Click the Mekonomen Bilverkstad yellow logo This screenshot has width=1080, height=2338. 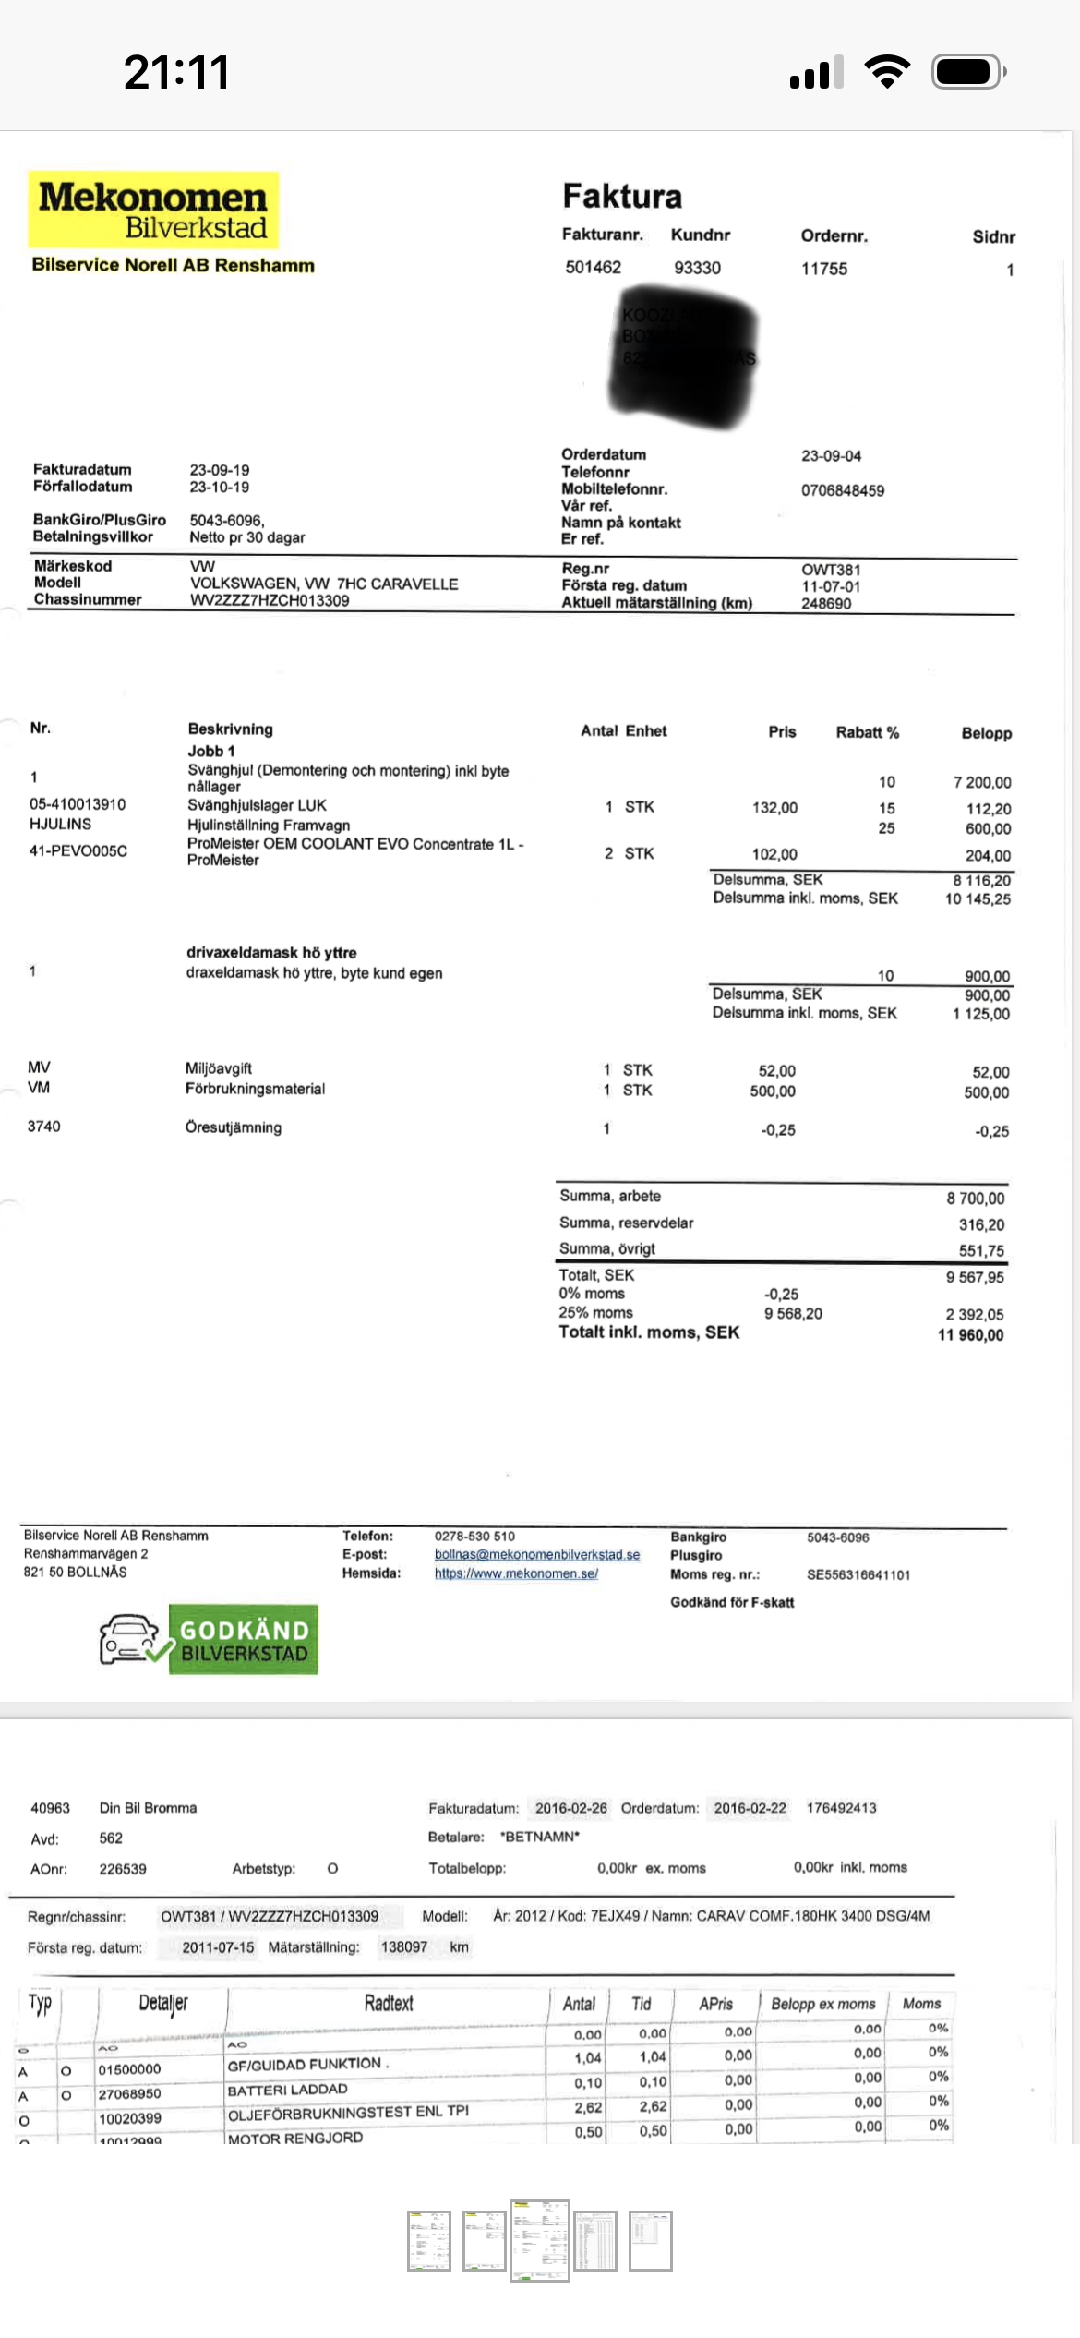(x=153, y=211)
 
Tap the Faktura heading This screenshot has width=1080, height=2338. (x=622, y=196)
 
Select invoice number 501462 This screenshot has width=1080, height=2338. (x=593, y=268)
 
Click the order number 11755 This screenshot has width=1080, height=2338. (x=823, y=269)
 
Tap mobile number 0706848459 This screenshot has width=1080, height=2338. (x=842, y=490)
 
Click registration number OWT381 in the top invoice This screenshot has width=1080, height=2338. (x=831, y=570)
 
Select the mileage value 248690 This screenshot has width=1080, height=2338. (x=826, y=603)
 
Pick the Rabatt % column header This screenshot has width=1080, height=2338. (x=867, y=732)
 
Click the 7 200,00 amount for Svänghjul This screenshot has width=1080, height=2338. (x=982, y=782)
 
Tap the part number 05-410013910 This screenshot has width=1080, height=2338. (x=78, y=804)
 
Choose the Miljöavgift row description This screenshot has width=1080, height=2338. (x=219, y=1068)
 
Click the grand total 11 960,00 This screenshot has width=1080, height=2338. (x=970, y=1334)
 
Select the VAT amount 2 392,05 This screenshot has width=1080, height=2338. (x=974, y=1314)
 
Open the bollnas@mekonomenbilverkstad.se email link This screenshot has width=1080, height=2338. (x=537, y=1555)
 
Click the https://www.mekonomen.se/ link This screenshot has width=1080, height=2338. (x=516, y=1573)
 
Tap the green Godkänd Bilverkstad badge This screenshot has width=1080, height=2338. (x=243, y=1640)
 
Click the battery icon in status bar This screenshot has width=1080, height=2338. (x=967, y=71)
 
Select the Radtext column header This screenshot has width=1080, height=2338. (x=389, y=2003)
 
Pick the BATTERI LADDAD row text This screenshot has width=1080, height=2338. (x=287, y=2090)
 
